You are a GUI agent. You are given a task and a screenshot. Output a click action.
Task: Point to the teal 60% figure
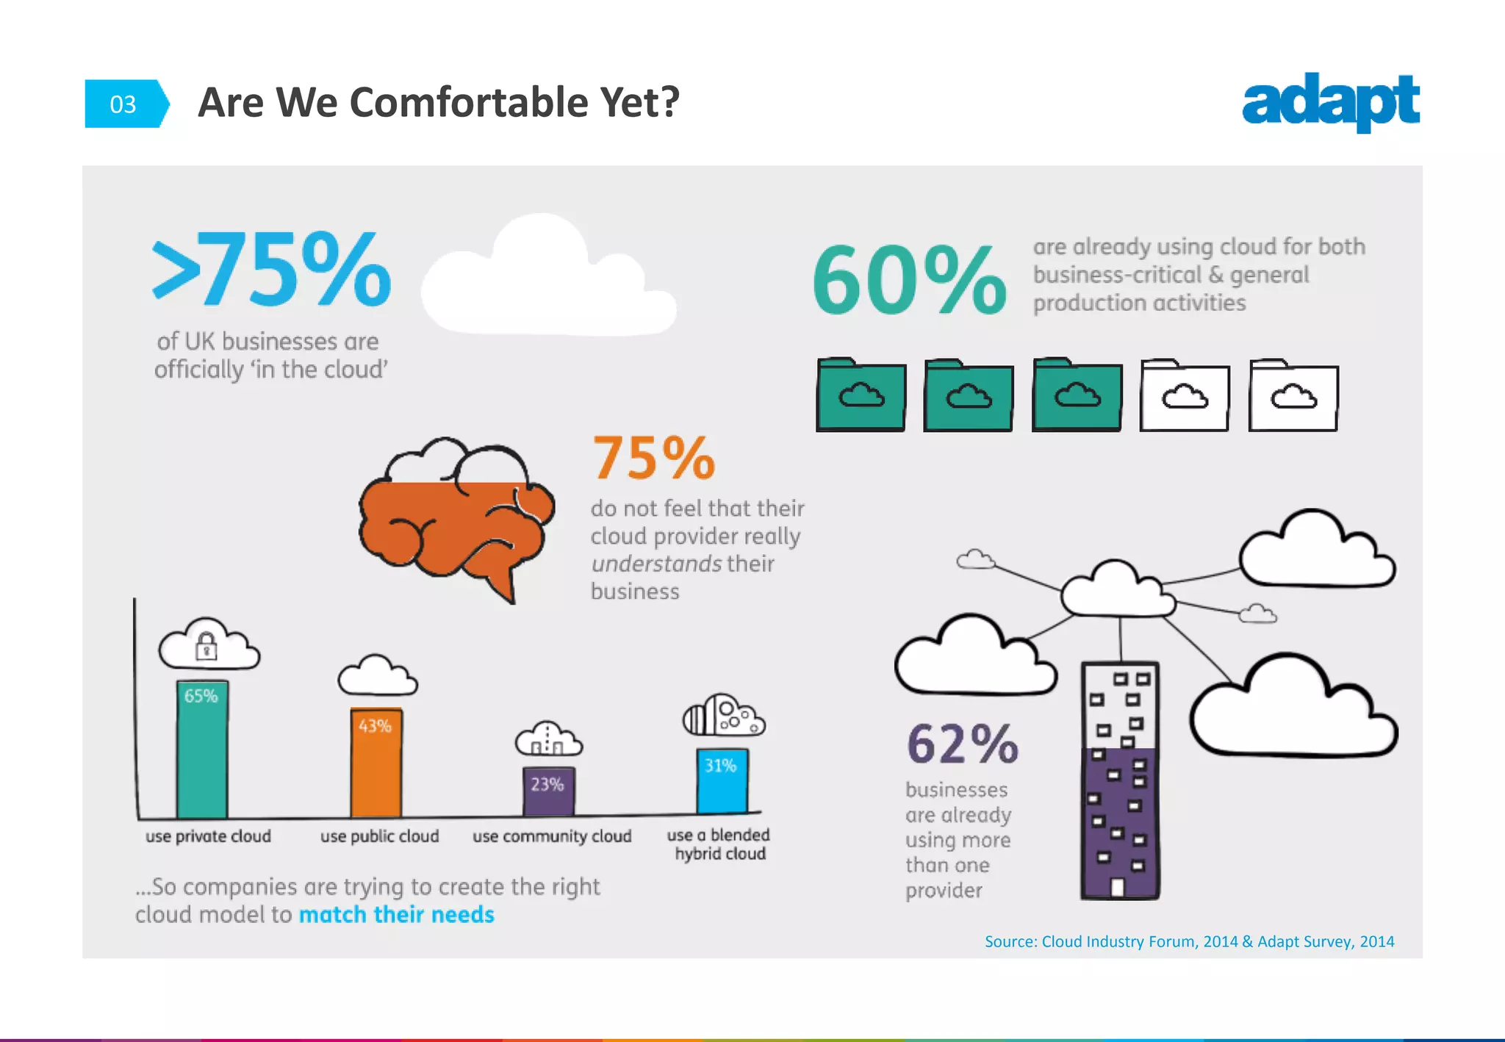909,280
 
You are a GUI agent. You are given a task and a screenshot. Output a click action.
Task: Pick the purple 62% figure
962,744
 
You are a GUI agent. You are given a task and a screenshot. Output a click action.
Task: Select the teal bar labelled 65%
202,750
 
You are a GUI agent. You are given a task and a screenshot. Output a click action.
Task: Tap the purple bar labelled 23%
548,791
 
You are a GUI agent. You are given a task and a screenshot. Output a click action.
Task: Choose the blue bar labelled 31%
722,780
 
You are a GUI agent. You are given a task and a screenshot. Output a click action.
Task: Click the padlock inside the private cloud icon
206,647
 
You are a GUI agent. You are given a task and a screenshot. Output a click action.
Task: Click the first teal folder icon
861,395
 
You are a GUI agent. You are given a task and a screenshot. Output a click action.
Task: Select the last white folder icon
1293,395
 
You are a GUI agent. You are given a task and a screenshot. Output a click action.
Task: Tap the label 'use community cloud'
552,836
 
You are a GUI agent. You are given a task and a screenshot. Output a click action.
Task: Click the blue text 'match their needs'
397,914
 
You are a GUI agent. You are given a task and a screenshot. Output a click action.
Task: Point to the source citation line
1189,941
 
